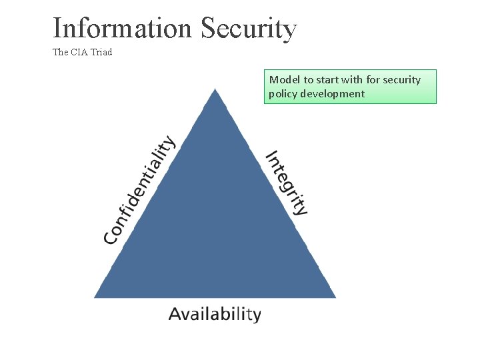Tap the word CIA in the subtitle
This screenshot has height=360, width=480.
[x=80, y=52]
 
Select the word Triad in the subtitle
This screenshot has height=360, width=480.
[x=101, y=52]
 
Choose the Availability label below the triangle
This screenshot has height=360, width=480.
[x=215, y=314]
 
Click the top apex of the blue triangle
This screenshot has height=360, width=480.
[x=215, y=91]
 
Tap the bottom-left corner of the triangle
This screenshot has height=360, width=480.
[x=96, y=296]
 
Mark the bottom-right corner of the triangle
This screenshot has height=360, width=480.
[x=334, y=296]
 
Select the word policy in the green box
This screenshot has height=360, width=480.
[x=283, y=94]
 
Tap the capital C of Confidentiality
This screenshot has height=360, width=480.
[x=111, y=235]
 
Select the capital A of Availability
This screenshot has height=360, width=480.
[x=175, y=314]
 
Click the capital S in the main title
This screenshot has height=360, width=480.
[x=208, y=29]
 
